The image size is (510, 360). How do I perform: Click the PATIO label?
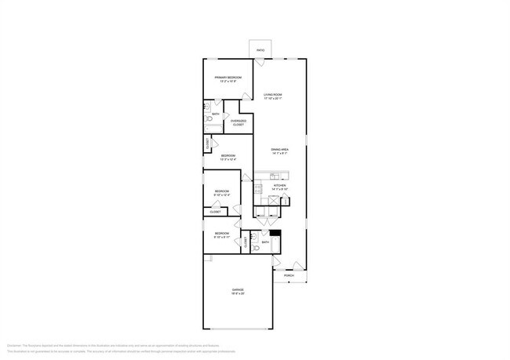click(260, 50)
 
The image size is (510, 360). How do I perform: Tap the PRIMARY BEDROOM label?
click(228, 78)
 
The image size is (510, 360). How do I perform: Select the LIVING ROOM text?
click(273, 94)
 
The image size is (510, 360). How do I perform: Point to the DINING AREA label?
click(279, 149)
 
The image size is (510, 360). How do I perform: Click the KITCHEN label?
click(279, 186)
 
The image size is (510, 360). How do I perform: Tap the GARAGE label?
click(237, 289)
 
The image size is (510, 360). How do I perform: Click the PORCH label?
click(289, 276)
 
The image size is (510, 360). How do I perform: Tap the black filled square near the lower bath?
click(275, 233)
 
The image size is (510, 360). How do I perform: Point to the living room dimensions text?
click(273, 99)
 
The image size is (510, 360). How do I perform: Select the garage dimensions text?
click(237, 294)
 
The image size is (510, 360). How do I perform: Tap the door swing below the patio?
click(260, 61)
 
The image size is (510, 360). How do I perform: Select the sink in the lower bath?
click(254, 237)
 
